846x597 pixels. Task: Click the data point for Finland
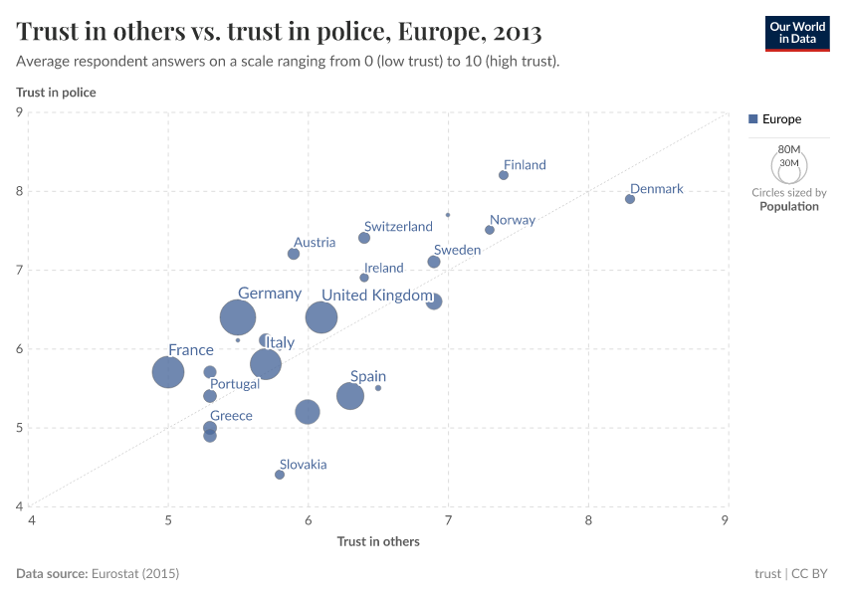[504, 175]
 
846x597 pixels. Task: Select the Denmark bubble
[630, 199]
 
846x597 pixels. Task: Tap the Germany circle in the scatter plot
[238, 317]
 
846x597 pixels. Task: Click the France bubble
[168, 372]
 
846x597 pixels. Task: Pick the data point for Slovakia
[280, 475]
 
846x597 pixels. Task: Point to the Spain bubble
[350, 396]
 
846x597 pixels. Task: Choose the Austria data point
[294, 254]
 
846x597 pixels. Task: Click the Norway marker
[490, 230]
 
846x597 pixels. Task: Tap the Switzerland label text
[398, 227]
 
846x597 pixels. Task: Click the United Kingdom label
[376, 296]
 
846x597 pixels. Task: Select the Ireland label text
[384, 268]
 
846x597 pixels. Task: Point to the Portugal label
[235, 384]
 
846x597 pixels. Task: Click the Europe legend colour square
[753, 119]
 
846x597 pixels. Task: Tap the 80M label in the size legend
[789, 148]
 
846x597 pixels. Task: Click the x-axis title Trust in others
[378, 541]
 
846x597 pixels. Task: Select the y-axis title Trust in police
[56, 93]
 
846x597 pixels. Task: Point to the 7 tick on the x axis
[448, 519]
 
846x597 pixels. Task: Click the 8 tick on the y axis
[19, 191]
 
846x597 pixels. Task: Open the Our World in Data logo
[797, 32]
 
